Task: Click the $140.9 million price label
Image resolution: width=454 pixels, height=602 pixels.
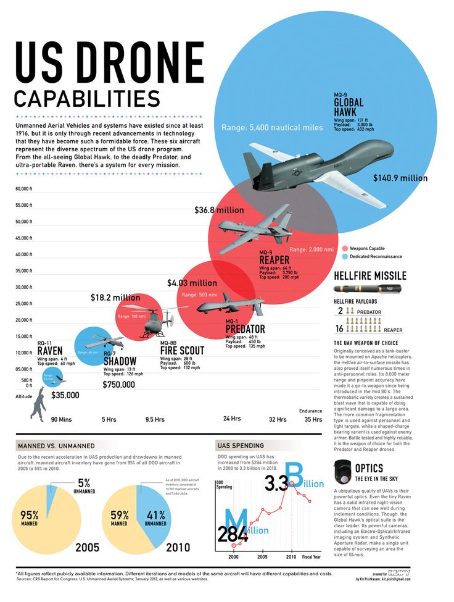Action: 400,178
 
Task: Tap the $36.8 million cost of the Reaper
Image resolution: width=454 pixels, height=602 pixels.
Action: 219,211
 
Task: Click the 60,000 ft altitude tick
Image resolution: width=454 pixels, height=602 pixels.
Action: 23,189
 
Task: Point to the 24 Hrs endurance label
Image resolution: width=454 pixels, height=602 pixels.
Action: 231,419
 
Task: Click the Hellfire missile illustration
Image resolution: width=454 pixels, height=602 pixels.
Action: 368,288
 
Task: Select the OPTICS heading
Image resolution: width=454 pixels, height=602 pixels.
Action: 369,469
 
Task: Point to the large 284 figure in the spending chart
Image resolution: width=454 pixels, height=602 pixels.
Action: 233,533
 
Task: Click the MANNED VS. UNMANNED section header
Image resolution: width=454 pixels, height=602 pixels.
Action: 47,445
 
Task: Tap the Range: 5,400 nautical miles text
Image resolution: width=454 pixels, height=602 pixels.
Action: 272,128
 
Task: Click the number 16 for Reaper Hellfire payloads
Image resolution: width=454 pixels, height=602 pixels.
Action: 339,329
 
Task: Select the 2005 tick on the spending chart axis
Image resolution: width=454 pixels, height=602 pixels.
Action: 262,557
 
